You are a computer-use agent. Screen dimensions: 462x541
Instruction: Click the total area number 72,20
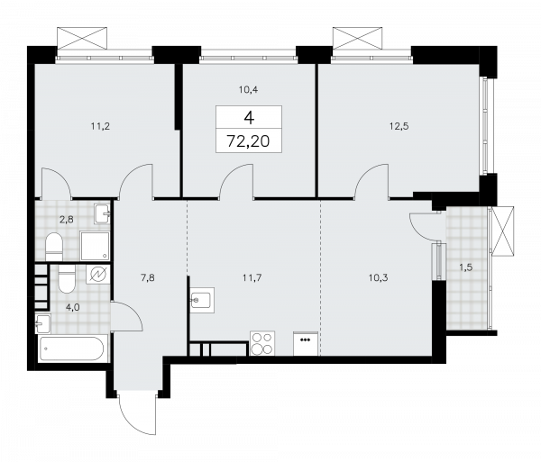[x=248, y=140]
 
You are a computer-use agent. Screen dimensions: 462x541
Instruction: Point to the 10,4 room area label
[x=247, y=88]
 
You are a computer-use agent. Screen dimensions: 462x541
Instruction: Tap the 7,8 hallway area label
[x=149, y=278]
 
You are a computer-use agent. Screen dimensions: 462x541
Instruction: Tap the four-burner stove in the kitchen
[x=261, y=344]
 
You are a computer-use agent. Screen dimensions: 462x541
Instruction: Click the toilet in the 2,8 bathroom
[x=53, y=244]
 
